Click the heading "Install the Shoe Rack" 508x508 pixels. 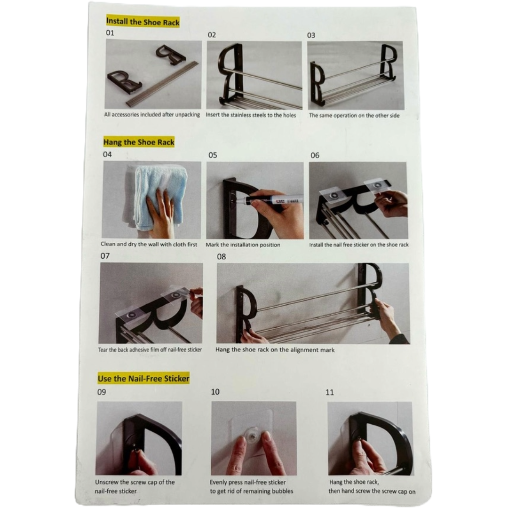(x=143, y=22)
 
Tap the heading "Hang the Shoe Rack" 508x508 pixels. (x=139, y=142)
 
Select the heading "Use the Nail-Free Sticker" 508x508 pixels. (x=143, y=378)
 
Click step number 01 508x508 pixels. (x=110, y=33)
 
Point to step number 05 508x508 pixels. (x=213, y=155)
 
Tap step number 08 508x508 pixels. (x=221, y=257)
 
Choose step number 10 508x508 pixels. (x=215, y=392)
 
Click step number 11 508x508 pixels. (x=329, y=392)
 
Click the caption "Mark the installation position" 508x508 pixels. (x=243, y=245)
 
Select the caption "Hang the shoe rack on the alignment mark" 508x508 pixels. (x=275, y=350)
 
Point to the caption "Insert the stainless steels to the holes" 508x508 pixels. (x=251, y=115)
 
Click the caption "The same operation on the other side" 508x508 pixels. (x=354, y=115)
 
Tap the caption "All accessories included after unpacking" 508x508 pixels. (x=152, y=115)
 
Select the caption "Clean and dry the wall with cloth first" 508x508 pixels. (x=149, y=244)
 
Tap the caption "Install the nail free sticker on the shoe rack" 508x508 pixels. (x=358, y=245)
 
